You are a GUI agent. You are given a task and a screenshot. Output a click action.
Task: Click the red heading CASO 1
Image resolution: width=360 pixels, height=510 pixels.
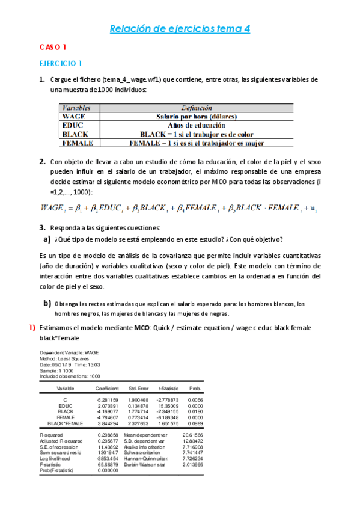coord(53,47)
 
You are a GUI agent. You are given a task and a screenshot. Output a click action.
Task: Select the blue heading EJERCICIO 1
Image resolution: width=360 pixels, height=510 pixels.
coord(61,63)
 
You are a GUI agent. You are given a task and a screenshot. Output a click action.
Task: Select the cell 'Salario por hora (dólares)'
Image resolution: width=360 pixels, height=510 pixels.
coord(197,117)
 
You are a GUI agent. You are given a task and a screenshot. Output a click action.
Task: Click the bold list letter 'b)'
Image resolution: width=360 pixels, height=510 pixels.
coord(46,303)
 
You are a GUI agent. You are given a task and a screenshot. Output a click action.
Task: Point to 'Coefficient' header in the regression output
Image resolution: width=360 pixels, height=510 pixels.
coord(108,389)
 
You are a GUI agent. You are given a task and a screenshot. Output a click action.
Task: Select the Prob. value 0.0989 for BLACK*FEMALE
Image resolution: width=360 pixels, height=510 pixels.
coord(195,423)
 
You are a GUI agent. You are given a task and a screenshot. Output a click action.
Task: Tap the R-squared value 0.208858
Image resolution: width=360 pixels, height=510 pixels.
coord(108,434)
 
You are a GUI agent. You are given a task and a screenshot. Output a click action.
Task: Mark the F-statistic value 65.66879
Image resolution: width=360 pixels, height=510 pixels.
coord(108,465)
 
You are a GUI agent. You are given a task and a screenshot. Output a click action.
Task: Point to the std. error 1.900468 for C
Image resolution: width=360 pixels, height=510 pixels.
coord(138,400)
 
